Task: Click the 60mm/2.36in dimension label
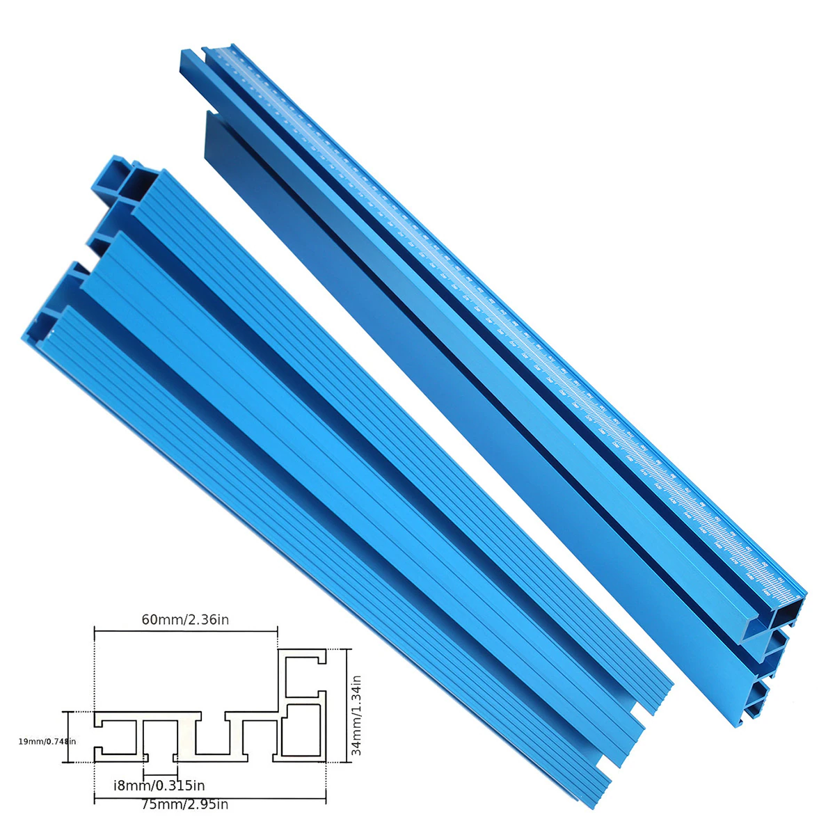[185, 620]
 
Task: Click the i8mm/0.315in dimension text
[159, 786]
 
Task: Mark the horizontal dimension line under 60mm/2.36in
[185, 631]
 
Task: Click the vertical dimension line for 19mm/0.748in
[68, 737]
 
